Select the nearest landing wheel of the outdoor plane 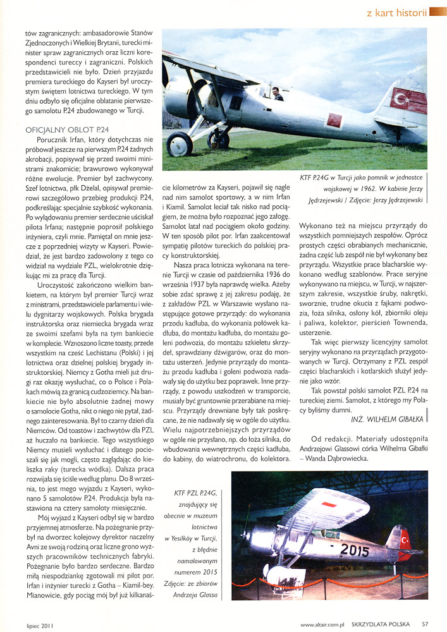180,145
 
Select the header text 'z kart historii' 396,11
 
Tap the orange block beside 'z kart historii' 438,11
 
